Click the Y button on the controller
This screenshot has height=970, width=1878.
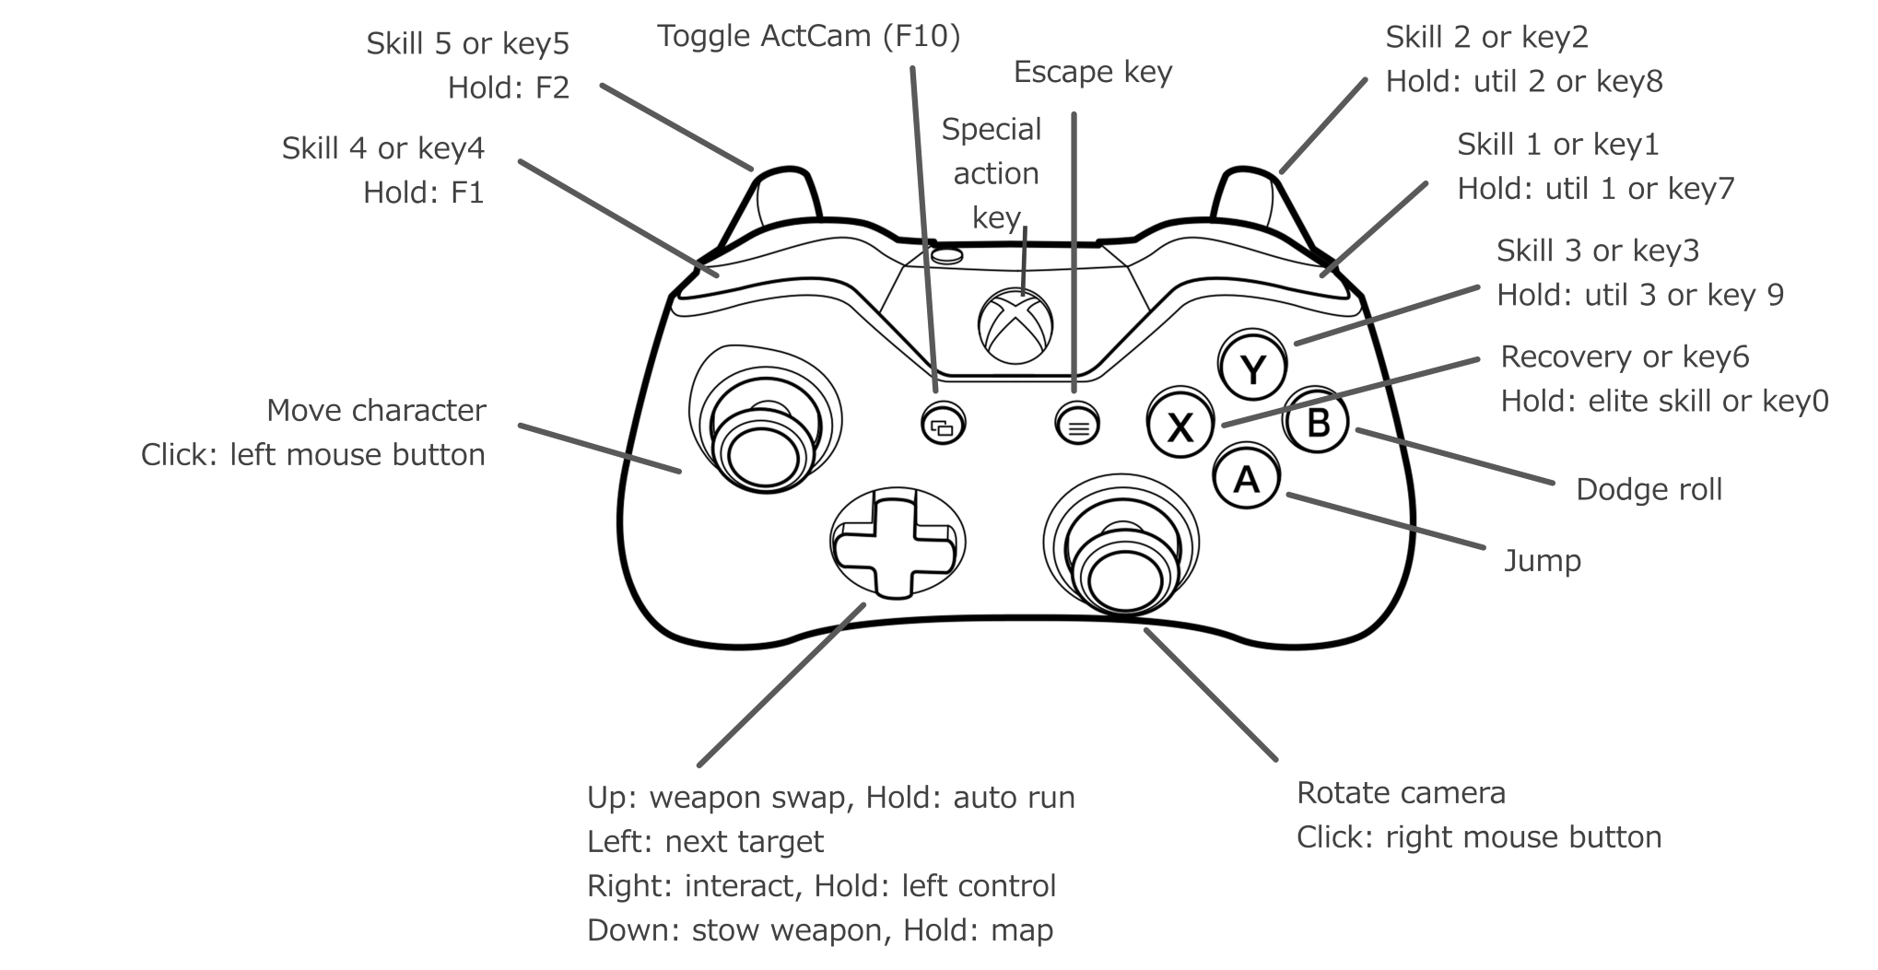(1252, 370)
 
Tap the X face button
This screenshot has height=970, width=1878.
(1180, 427)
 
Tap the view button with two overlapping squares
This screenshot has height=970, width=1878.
(943, 426)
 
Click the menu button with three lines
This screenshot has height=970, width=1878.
(1077, 426)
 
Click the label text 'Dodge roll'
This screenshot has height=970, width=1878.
(1649, 490)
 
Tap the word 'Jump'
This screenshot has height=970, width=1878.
(1542, 561)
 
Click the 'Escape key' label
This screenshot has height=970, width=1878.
(1092, 73)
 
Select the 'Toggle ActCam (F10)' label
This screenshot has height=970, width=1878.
(808, 37)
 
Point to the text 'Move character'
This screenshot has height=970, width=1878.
(376, 411)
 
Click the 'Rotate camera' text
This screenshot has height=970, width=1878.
(1401, 793)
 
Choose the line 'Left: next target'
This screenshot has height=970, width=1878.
(705, 842)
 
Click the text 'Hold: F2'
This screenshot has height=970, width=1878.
(509, 88)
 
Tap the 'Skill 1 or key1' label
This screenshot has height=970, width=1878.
(1557, 145)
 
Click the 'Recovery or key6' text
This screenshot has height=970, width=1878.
(1625, 357)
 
